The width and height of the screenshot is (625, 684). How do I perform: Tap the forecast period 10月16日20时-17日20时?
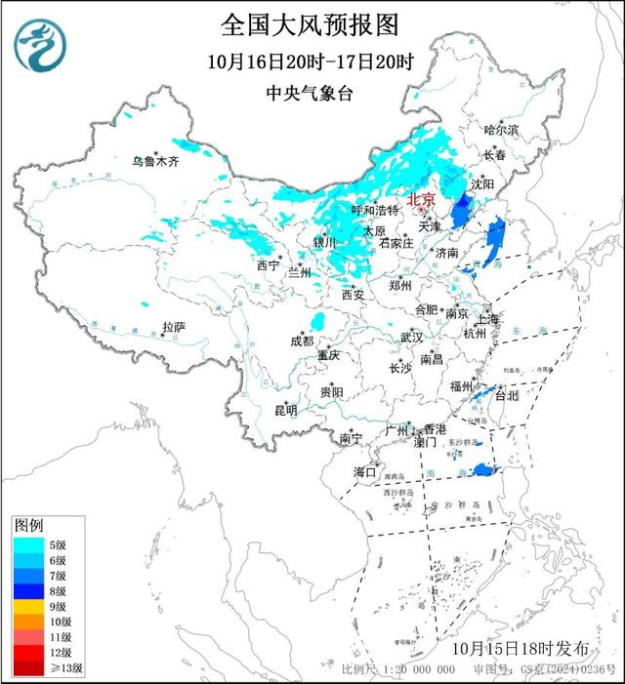311,62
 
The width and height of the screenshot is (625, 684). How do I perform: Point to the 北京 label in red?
422,198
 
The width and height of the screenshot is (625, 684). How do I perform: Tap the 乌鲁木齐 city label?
156,162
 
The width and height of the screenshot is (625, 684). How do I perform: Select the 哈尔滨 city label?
502,130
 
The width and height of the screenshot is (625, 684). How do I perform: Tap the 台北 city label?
507,396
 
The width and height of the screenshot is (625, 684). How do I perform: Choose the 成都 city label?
302,341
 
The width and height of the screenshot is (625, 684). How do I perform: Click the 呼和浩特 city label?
375,210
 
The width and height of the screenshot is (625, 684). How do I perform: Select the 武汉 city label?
411,338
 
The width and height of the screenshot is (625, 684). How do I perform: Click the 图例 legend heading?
29,526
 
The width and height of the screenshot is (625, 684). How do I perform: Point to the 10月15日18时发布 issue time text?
521,648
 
